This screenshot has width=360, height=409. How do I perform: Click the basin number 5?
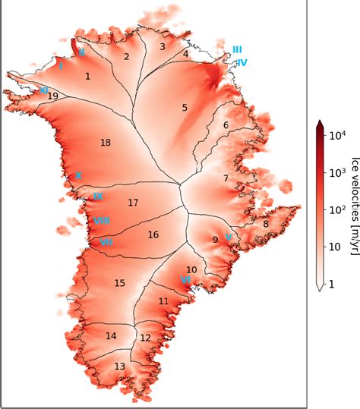[x=185, y=108]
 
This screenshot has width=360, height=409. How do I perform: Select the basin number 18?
[x=106, y=143]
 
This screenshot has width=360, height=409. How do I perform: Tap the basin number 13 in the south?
[x=120, y=367]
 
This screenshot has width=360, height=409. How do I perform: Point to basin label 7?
[x=226, y=178]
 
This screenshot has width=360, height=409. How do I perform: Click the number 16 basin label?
[x=153, y=234]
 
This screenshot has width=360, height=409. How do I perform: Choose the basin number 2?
[x=127, y=56]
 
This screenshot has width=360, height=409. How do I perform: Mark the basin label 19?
[x=52, y=96]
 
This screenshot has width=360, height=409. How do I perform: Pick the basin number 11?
[x=163, y=301]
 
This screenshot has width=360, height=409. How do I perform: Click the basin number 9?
[x=215, y=240]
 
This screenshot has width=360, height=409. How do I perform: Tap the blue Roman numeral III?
[x=238, y=49]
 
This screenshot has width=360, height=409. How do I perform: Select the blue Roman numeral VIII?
[x=101, y=221]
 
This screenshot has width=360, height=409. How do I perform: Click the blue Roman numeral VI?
[x=185, y=279]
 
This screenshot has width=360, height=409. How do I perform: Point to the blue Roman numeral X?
[x=78, y=175]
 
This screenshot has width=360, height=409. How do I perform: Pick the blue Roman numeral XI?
[x=44, y=90]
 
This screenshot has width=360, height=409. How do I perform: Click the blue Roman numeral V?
[x=228, y=237]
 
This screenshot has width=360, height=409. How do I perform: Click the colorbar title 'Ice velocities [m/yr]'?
[x=353, y=204]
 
